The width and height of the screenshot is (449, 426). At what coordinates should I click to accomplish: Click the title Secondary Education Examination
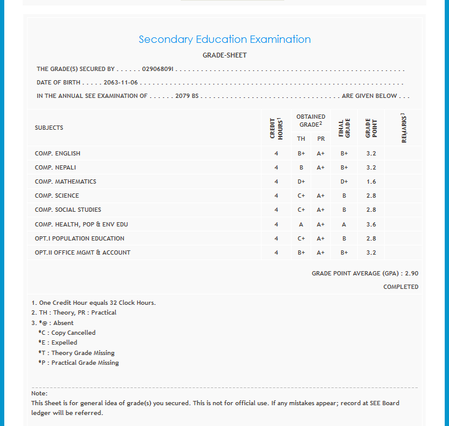[x=224, y=39]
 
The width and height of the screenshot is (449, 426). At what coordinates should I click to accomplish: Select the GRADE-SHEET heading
[x=224, y=55]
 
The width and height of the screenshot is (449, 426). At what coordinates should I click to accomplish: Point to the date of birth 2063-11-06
[x=121, y=83]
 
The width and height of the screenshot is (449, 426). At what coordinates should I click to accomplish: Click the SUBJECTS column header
[x=49, y=128]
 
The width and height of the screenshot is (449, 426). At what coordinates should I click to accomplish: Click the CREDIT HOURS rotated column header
[x=276, y=128]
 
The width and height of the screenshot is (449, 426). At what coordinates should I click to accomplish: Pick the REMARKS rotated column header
[x=404, y=128]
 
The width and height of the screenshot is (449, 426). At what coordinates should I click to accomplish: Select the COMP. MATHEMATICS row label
[x=66, y=182]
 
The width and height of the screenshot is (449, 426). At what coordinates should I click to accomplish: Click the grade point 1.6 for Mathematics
[x=371, y=182]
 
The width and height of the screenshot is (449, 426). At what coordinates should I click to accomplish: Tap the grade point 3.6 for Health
[x=371, y=225]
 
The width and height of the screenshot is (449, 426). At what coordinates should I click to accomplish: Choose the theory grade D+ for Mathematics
[x=301, y=182]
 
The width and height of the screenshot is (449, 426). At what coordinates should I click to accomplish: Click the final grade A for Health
[x=344, y=225]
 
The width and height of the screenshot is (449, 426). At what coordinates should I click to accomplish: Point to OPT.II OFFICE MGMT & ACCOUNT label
[x=83, y=253]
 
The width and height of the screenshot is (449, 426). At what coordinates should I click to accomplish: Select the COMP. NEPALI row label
[x=55, y=168]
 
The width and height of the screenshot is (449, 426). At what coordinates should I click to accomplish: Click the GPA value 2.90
[x=412, y=274]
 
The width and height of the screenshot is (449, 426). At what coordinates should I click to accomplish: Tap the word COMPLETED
[x=401, y=286]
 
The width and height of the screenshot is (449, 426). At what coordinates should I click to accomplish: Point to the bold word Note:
[x=39, y=393]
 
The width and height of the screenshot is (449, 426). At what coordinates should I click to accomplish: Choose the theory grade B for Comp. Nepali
[x=301, y=168]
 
